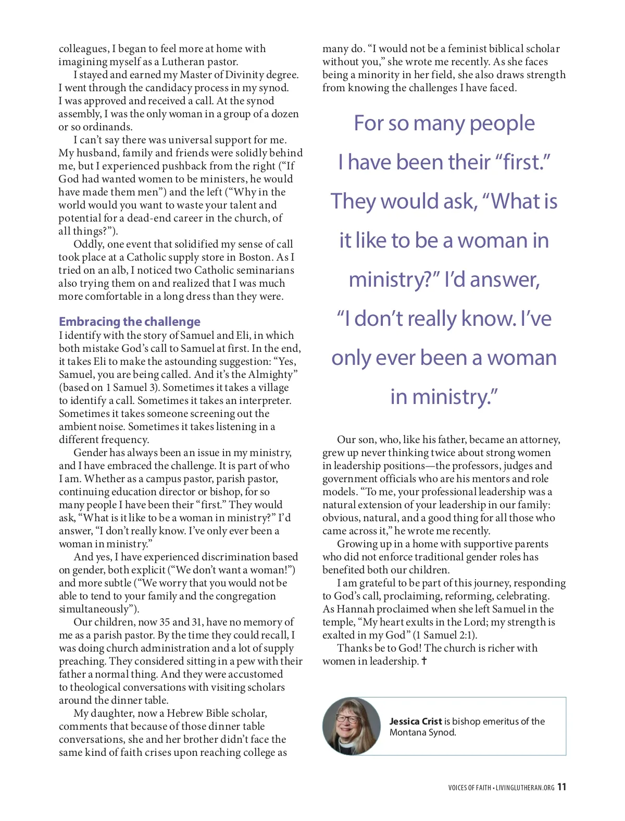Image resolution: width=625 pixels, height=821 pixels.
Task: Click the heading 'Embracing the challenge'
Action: coord(129,322)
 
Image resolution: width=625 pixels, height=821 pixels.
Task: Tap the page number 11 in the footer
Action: coord(561,787)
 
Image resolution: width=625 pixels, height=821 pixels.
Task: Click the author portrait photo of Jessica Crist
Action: coord(352,726)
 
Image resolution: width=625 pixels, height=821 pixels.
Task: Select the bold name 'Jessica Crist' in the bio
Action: coord(416,721)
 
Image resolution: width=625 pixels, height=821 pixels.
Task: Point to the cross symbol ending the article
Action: coord(424,661)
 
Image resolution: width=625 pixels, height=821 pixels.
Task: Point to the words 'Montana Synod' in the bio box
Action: coord(422,732)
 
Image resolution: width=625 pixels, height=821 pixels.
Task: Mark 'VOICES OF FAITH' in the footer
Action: coord(469,788)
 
